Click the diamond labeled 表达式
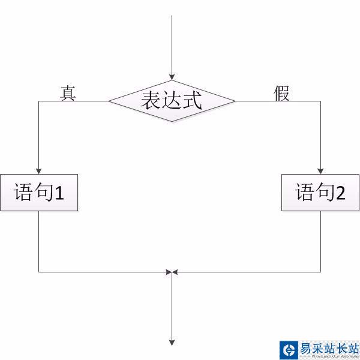172,101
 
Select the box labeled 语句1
39,193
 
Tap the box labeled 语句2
320,193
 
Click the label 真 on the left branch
68,93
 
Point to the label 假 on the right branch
281,93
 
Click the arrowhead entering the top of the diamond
172,77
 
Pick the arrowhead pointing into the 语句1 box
39,170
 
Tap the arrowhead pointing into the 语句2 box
320,170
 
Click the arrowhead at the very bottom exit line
172,343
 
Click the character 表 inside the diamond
151,100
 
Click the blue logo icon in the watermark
289,349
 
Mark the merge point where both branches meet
172,272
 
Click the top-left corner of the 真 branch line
39,101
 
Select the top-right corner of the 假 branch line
320,101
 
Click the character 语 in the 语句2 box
304,193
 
